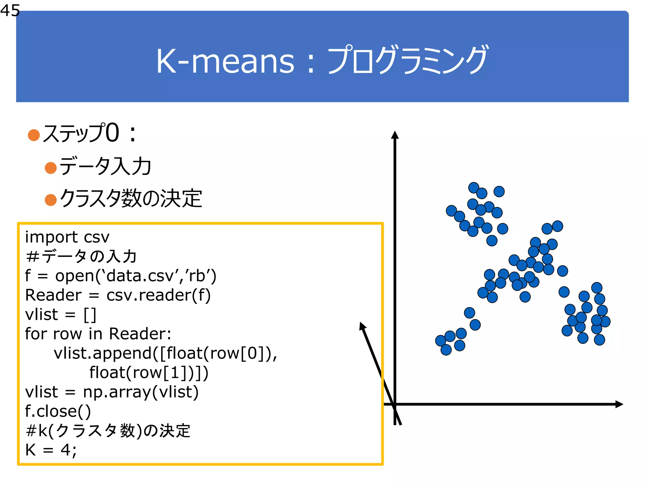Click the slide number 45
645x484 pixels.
[10, 10]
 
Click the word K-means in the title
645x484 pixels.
[225, 61]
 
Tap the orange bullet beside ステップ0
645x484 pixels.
[34, 135]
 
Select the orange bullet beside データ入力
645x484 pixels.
[51, 168]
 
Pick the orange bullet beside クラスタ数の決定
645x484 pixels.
[51, 200]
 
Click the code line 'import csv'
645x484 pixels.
[67, 237]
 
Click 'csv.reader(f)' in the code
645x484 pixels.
[158, 295]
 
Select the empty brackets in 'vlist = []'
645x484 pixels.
[90, 314]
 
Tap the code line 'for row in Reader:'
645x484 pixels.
[98, 334]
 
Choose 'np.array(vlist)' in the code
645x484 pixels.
[140, 392]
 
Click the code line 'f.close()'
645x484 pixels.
[58, 411]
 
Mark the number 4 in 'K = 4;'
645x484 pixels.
[66, 450]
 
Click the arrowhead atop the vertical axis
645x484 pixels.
[395, 135]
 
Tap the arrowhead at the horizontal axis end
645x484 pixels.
[619, 404]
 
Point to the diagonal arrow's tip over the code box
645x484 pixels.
[362, 325]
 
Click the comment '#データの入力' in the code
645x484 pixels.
[81, 256]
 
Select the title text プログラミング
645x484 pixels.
[408, 60]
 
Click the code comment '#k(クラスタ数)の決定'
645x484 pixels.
[108, 431]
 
